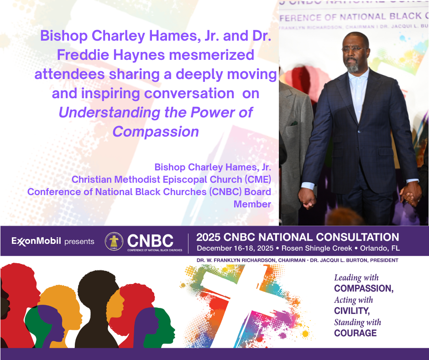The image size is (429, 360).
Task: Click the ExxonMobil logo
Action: [36, 241]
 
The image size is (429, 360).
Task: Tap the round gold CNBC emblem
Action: [114, 241]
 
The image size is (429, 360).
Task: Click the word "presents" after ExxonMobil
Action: [79, 242]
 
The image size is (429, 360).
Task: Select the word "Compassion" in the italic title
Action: [156, 132]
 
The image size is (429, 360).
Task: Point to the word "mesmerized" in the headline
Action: [212, 55]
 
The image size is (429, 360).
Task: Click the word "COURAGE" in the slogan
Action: [356, 333]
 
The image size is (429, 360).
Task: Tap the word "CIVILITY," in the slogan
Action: [352, 311]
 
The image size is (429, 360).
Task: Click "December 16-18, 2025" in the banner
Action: [235, 248]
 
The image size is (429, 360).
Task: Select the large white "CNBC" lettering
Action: [150, 241]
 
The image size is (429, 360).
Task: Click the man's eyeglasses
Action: [354, 49]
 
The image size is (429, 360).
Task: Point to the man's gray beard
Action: [353, 66]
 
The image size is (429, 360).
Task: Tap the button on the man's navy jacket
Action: [359, 132]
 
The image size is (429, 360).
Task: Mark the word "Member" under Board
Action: [252, 204]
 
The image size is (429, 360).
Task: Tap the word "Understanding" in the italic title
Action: [110, 113]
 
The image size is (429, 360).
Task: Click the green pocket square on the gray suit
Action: [294, 123]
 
